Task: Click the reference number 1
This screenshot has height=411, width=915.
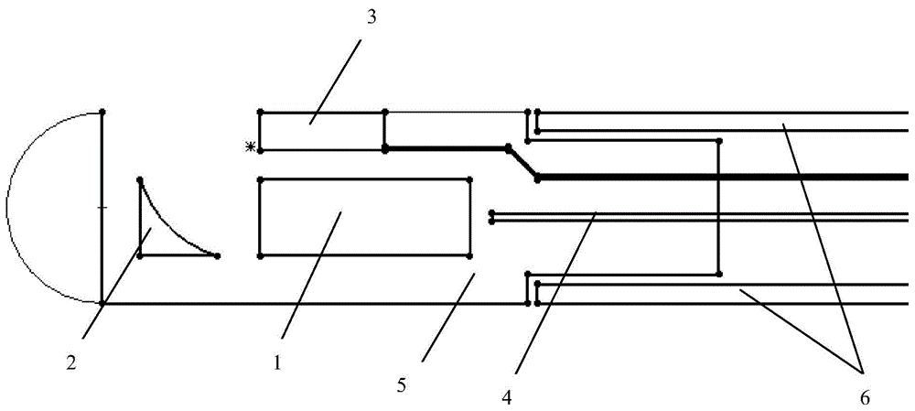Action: [277, 363]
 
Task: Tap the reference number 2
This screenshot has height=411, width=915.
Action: [72, 363]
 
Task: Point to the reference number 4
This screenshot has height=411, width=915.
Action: [507, 398]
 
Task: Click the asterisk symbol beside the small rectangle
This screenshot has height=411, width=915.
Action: [251, 147]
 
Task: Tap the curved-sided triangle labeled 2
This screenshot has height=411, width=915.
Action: [140, 218]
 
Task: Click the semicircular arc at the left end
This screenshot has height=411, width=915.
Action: [7, 207]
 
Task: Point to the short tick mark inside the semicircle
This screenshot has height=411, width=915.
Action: [102, 207]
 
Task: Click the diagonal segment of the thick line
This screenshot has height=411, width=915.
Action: [522, 164]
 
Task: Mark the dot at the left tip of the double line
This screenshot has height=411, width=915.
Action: [492, 217]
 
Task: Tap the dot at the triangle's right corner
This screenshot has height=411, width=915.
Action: [217, 255]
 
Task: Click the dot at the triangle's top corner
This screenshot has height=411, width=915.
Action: [140, 179]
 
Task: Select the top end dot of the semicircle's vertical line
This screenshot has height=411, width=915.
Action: [102, 111]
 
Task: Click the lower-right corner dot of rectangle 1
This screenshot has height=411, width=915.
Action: [470, 255]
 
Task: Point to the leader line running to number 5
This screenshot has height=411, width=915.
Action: [448, 316]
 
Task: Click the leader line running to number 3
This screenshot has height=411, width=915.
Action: [335, 81]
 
